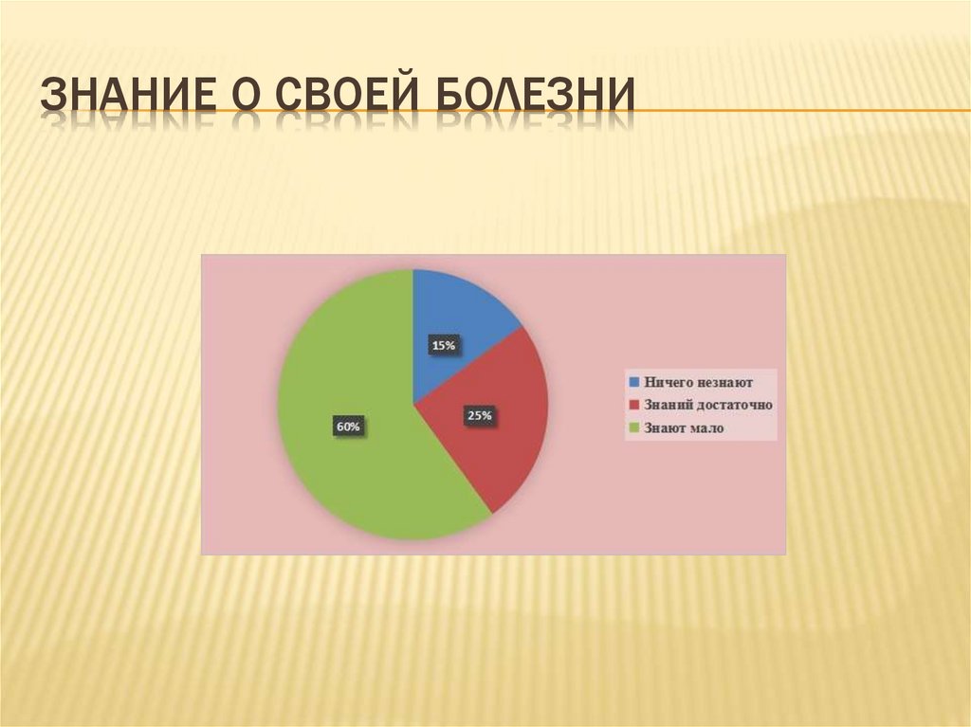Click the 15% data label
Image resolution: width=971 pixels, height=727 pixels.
[x=444, y=346]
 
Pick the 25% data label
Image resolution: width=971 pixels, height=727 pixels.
[x=479, y=415]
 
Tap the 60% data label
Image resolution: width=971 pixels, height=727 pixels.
[x=347, y=427]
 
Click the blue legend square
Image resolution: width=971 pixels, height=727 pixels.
[x=634, y=382]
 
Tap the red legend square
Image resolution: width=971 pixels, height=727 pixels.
[x=634, y=406]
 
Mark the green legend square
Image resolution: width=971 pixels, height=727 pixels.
[x=634, y=428]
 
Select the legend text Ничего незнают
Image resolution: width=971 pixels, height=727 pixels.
[x=699, y=382]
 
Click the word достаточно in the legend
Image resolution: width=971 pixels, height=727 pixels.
[x=736, y=406]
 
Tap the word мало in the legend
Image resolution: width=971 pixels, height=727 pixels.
[x=707, y=428]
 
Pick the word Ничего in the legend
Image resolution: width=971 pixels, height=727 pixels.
[x=669, y=382]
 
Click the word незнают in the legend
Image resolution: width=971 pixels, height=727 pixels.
[x=724, y=382]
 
